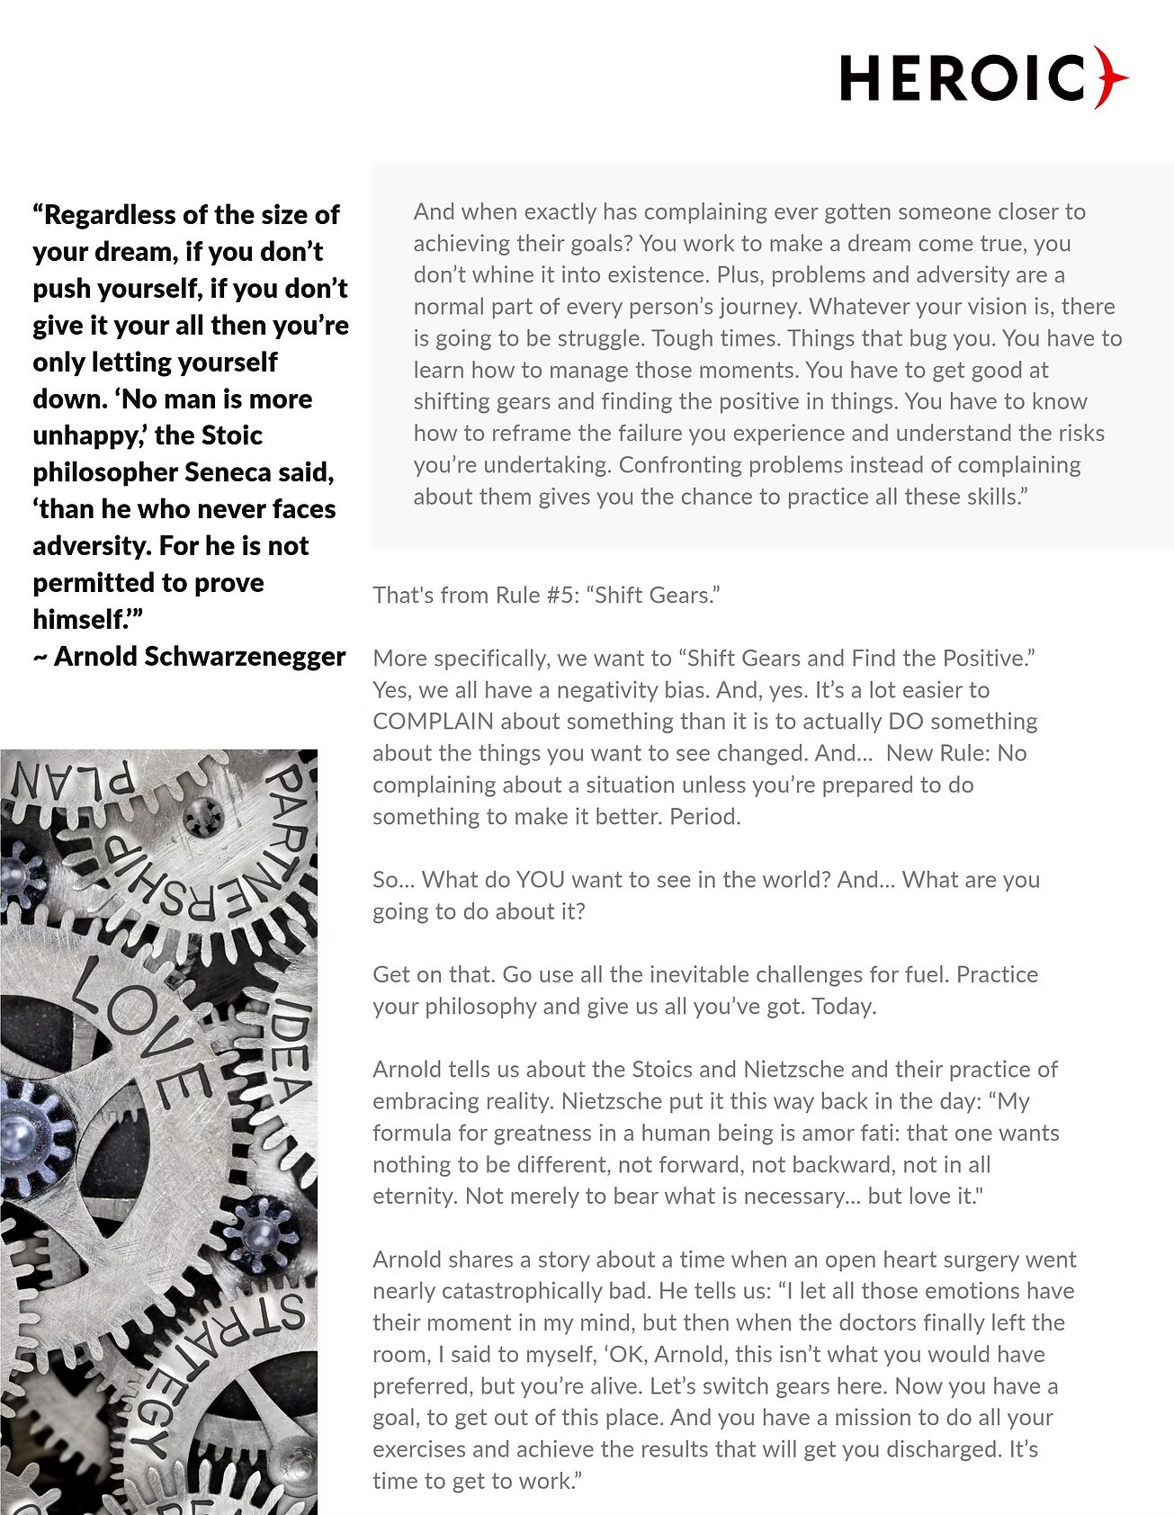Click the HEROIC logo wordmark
point(963,78)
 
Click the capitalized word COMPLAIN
point(434,722)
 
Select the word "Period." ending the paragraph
point(705,817)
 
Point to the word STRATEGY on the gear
point(216,1376)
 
